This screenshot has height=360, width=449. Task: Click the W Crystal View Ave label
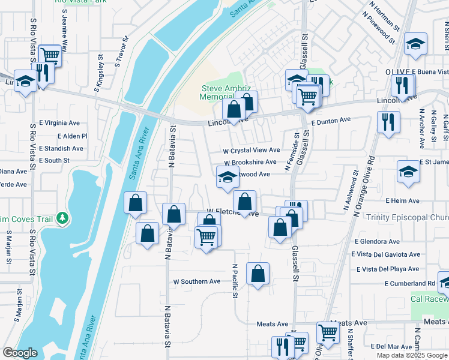tap(251, 150)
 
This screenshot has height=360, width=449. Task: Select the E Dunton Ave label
tap(331, 120)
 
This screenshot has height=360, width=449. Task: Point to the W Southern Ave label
tap(197, 281)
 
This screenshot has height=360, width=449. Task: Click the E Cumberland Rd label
tap(410, 283)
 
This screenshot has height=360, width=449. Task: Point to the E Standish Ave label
tap(61, 148)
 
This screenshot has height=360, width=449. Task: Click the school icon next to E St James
tap(408, 171)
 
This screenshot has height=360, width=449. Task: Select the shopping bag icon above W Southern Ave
tap(258, 274)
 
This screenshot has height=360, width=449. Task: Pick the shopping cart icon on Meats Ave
tap(328, 332)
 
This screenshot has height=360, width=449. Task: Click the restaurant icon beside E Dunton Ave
tap(388, 121)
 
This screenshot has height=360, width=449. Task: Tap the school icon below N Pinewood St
tap(415, 43)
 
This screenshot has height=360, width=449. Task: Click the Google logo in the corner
tap(20, 353)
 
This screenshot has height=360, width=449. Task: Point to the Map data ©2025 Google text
tap(411, 355)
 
